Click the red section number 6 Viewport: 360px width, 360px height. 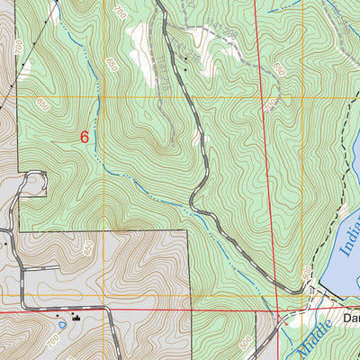85,138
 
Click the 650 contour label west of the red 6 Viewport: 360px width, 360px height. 42,107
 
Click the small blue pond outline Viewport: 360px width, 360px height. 61,325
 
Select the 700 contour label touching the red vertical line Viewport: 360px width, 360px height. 269,106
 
